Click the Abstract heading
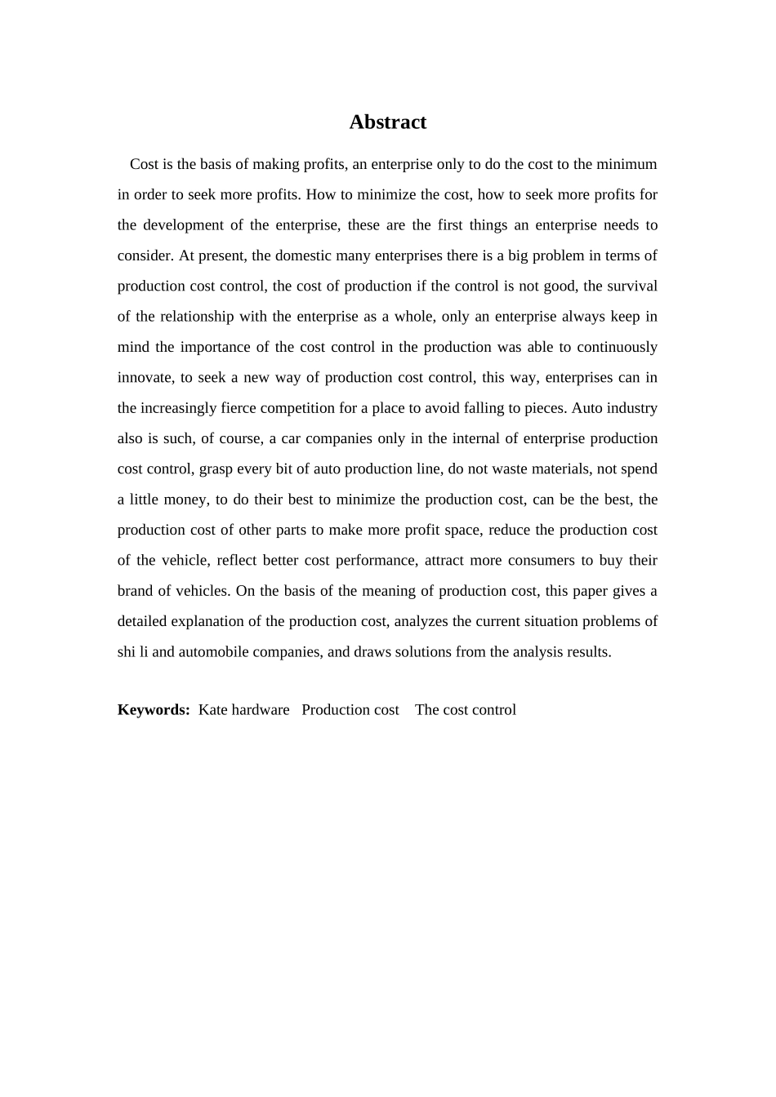[x=388, y=122]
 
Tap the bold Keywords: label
[x=154, y=710]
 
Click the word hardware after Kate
[x=261, y=710]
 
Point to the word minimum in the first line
[x=627, y=164]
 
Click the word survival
[x=630, y=286]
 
